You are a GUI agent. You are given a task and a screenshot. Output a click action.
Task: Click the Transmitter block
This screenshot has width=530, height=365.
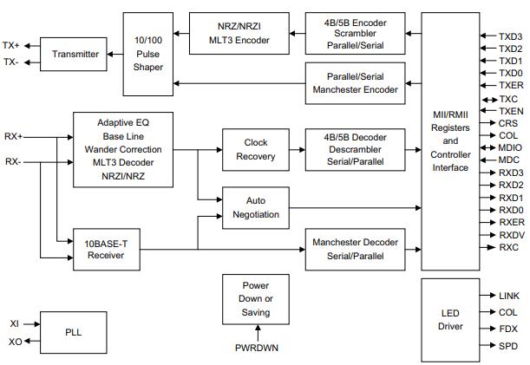75,54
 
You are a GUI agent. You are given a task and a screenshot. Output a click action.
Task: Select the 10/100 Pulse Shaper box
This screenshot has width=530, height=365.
148,54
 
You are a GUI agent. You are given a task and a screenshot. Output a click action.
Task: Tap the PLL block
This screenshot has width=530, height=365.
75,331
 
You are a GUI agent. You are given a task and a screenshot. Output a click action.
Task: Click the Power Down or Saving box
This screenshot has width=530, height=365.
256,298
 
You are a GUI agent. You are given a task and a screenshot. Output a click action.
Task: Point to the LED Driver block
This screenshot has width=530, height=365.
450,319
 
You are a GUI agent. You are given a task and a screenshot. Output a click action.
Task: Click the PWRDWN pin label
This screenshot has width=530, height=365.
256,348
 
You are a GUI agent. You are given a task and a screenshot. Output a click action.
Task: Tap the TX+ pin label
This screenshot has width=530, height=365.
12,44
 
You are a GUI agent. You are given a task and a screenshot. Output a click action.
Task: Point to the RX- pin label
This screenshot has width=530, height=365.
13,161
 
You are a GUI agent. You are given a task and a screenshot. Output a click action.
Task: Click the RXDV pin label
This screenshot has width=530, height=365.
512,235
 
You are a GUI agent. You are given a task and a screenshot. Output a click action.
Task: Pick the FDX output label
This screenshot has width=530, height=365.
509,329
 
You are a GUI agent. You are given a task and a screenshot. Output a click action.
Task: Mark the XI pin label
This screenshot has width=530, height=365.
14,323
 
